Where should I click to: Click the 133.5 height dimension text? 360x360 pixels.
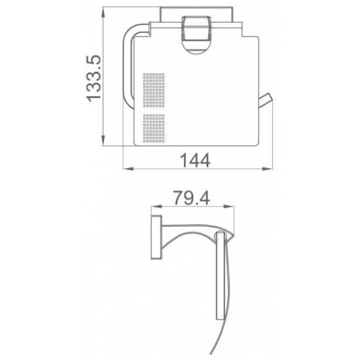(94, 78)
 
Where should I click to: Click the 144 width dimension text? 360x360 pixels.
(195, 160)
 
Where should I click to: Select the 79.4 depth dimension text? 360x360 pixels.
(192, 198)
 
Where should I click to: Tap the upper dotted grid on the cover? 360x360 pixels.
(154, 90)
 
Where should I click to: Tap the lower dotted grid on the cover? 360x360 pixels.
(154, 128)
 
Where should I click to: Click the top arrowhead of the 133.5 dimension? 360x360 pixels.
(103, 12)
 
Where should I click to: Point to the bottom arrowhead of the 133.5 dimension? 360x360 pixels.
(103, 141)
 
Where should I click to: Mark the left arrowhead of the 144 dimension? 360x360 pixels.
(128, 169)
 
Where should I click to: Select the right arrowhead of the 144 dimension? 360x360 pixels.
(268, 169)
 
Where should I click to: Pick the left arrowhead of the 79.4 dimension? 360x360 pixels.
(156, 206)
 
